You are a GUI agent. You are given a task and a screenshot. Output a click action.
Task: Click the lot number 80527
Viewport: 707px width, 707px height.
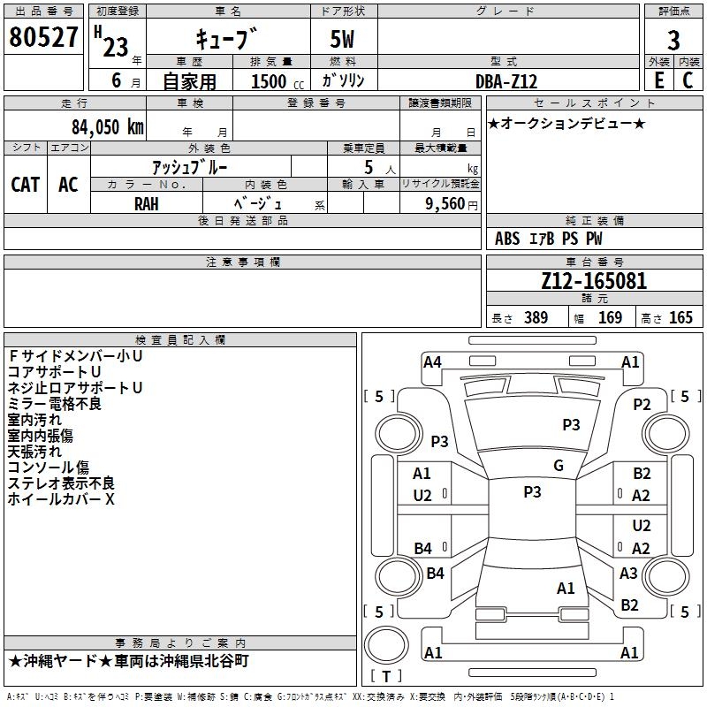coord(43,37)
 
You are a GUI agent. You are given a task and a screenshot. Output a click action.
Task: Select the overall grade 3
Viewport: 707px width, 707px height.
coord(673,41)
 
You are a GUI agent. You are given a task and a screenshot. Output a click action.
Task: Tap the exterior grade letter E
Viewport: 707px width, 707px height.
coord(659,80)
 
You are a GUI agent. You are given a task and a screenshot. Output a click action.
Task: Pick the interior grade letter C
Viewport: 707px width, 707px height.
coord(688,80)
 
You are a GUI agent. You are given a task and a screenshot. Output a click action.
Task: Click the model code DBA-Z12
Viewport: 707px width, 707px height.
coord(506,81)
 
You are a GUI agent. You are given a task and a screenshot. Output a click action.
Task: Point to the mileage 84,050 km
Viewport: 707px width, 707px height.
coord(108,127)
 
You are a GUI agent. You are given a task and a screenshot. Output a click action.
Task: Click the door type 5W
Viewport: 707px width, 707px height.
coord(342,39)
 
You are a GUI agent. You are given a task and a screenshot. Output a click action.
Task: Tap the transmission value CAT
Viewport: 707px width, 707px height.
coord(26,185)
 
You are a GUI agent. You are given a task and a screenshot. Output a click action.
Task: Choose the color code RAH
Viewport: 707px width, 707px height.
coord(147,204)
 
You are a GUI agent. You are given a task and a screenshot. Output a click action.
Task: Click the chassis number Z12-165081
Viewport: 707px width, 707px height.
coord(594,281)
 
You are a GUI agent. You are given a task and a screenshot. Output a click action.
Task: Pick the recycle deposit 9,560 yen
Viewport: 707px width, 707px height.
coord(452,204)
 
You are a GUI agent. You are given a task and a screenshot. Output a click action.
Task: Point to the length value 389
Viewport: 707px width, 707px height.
coord(536,317)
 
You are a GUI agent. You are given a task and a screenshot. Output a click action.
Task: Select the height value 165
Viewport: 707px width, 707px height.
coord(680,317)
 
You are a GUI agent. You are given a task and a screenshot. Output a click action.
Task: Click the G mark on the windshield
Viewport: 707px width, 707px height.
coord(559,466)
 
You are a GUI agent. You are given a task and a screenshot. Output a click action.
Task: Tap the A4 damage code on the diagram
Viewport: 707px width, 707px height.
coord(432,362)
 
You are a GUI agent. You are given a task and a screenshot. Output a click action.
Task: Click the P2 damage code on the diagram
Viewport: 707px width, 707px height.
coord(642,405)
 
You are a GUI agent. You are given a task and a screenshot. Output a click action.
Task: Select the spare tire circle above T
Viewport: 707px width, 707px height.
coord(386,645)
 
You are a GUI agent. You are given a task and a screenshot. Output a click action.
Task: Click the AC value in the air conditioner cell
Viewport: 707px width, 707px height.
coord(69,185)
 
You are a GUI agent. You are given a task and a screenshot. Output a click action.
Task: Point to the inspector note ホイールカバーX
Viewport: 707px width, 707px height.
coord(61,499)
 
